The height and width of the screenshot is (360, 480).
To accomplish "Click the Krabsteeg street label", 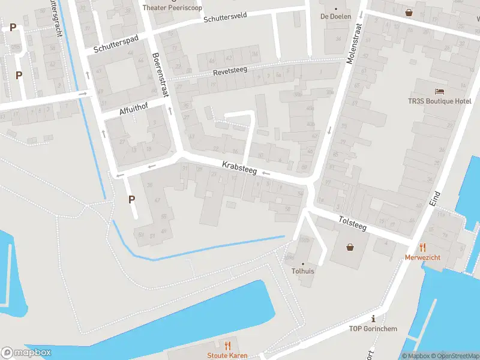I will click(239, 167).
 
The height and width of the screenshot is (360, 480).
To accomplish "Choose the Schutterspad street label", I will click(116, 46).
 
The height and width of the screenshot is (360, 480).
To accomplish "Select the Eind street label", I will click(436, 200).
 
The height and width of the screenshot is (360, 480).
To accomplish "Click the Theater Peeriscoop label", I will click(172, 8).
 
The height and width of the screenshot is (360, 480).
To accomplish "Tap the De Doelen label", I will click(335, 16).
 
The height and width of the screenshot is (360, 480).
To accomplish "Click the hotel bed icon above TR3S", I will click(440, 91).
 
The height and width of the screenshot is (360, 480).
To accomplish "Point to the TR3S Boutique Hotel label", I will click(444, 101).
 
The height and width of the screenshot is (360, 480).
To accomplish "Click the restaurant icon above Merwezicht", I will click(423, 246).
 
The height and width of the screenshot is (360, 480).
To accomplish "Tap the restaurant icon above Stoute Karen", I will click(227, 346).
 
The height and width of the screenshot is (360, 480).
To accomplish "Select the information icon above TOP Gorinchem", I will click(374, 319).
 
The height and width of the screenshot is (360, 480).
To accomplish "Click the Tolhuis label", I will click(303, 271).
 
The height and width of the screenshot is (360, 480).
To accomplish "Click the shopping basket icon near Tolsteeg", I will click(350, 246).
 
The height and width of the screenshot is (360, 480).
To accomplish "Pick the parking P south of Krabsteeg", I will click(131, 200).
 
